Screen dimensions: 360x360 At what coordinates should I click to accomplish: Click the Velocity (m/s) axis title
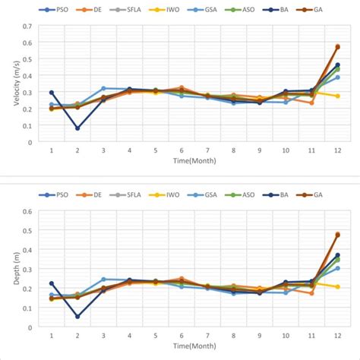pos(9,84)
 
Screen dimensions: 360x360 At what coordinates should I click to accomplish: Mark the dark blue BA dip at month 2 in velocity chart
pos(77,128)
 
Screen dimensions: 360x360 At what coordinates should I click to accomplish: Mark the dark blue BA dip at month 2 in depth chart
pos(77,317)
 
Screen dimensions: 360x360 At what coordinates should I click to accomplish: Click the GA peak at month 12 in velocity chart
pos(337,46)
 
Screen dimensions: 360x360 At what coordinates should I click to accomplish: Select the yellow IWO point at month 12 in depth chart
pos(337,287)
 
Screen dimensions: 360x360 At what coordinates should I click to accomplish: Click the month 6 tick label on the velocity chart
pos(182,150)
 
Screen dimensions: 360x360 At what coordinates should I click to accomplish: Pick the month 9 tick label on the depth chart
pos(259,336)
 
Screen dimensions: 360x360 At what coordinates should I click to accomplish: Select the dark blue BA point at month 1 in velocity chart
pos(52,93)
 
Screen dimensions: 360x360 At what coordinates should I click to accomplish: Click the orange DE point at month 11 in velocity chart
pos(311,103)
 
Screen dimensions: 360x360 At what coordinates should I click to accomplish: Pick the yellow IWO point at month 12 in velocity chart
pos(337,96)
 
